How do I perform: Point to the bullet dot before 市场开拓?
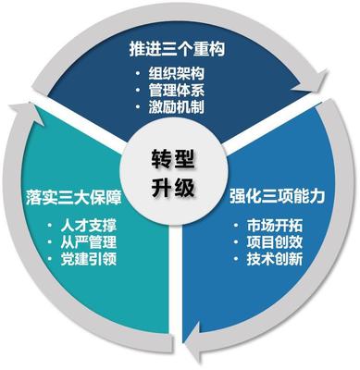click(x=239, y=225)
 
